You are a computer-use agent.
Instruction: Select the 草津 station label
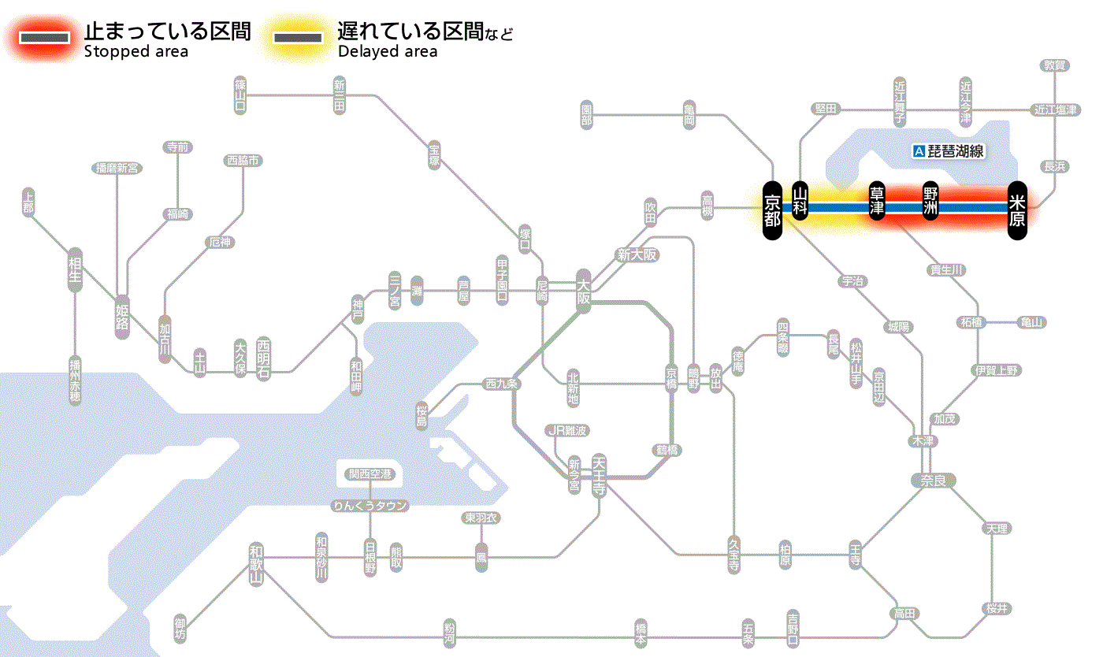click(878, 202)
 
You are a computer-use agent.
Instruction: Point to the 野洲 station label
click(930, 202)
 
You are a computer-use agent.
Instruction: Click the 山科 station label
click(800, 201)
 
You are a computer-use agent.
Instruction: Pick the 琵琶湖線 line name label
click(949, 151)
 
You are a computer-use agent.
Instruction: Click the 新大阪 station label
click(637, 255)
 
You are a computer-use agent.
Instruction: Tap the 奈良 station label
click(933, 480)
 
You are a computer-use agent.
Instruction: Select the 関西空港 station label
click(370, 474)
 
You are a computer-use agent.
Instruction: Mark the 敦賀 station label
click(1055, 65)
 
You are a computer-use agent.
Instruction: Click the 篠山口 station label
click(240, 95)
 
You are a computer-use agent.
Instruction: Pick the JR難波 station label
click(568, 430)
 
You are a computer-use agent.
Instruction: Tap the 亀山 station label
click(1033, 322)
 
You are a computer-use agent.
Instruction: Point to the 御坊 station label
click(181, 629)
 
